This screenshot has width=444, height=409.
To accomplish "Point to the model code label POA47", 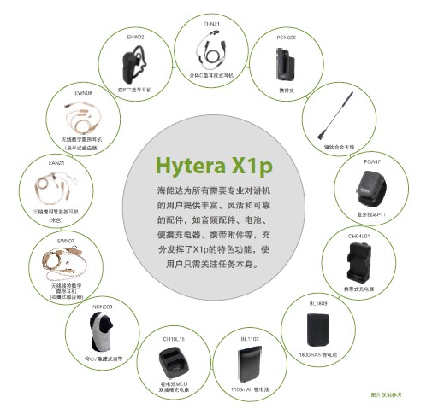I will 370,159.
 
